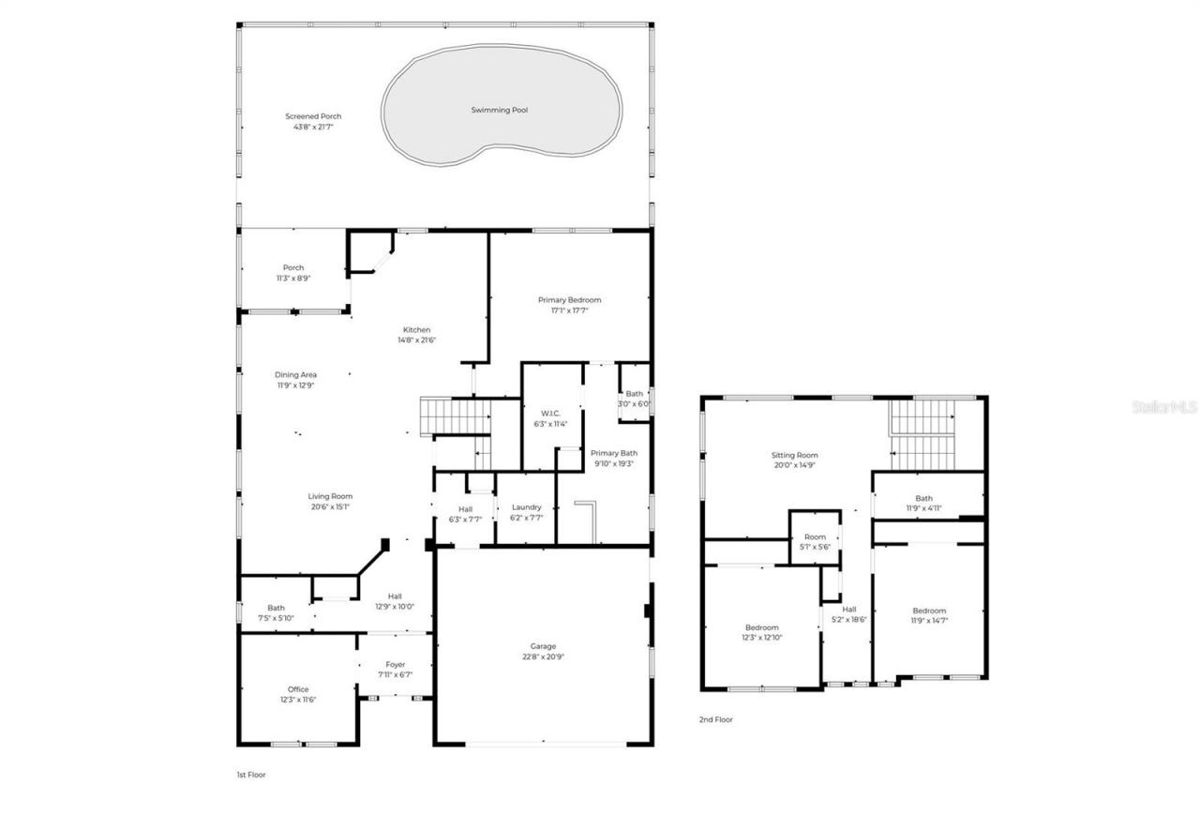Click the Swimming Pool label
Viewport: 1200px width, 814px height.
coord(499,110)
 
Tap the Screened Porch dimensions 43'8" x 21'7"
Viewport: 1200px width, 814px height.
coord(313,127)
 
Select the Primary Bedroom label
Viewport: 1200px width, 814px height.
coord(569,300)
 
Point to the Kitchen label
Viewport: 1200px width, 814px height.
coord(416,330)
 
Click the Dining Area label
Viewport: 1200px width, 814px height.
coord(295,375)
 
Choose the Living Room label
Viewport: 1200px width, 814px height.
coord(330,496)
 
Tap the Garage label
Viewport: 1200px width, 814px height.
coord(543,646)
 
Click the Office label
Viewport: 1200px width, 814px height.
coord(297,689)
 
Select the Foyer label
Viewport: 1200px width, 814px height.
coord(395,664)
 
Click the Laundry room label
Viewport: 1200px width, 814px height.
coord(526,507)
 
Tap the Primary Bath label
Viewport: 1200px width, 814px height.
coord(614,453)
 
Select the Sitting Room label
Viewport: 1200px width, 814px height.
coord(795,455)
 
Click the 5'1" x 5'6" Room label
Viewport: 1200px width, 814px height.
coord(814,537)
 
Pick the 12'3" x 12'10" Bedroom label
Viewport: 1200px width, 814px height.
coord(761,627)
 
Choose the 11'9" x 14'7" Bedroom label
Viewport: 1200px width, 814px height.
coord(929,610)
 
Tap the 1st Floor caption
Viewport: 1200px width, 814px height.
coord(250,775)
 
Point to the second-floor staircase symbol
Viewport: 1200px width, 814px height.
coord(922,434)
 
